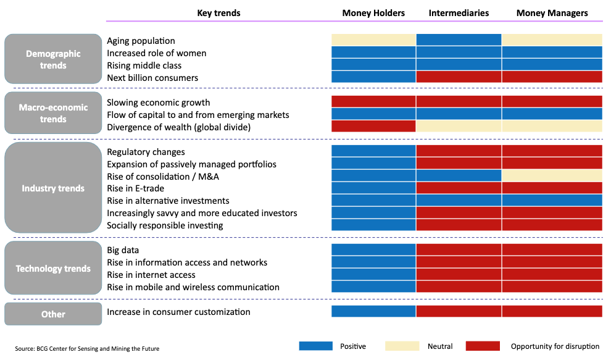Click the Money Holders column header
point(373,13)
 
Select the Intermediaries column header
point(459,13)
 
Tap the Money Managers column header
point(552,13)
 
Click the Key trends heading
point(218,13)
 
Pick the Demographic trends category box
point(53,59)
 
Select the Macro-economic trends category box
point(53,113)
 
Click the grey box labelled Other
point(53,314)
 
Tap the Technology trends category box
point(53,269)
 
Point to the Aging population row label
point(141,41)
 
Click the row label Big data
point(123,250)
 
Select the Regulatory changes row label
point(146,152)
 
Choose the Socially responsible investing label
point(165,225)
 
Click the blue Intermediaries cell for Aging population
point(459,40)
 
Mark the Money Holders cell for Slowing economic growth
point(373,102)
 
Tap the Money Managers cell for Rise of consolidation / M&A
point(552,176)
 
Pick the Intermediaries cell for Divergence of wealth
point(459,127)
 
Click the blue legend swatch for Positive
point(316,346)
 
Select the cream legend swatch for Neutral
point(402,346)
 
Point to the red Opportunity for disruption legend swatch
point(483,346)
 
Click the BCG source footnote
point(87,349)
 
